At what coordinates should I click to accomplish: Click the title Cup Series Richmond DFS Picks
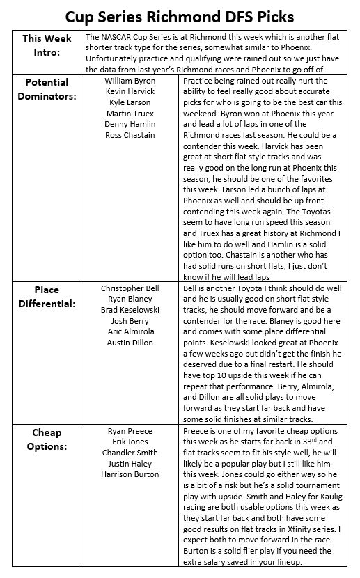pyautogui.click(x=180, y=15)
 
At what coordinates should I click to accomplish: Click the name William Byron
pyautogui.click(x=130, y=81)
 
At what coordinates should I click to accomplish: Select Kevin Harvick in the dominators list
pyautogui.click(x=130, y=92)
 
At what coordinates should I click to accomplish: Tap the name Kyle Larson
pyautogui.click(x=130, y=102)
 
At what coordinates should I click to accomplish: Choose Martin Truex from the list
pyautogui.click(x=130, y=114)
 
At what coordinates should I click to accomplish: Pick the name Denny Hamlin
pyautogui.click(x=130, y=124)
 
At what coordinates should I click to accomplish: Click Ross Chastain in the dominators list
pyautogui.click(x=130, y=135)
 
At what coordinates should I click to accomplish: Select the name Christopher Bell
pyautogui.click(x=130, y=288)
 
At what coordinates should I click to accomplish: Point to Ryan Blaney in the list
pyautogui.click(x=130, y=299)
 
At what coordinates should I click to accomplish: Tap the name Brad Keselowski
pyautogui.click(x=130, y=311)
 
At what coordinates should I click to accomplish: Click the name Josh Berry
pyautogui.click(x=130, y=321)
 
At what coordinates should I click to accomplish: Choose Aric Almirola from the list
pyautogui.click(x=130, y=332)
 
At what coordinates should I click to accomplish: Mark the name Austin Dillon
pyautogui.click(x=130, y=343)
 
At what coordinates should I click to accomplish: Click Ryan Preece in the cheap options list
pyautogui.click(x=130, y=431)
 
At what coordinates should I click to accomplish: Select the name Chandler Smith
pyautogui.click(x=130, y=453)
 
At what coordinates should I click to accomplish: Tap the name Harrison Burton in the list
pyautogui.click(x=130, y=474)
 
